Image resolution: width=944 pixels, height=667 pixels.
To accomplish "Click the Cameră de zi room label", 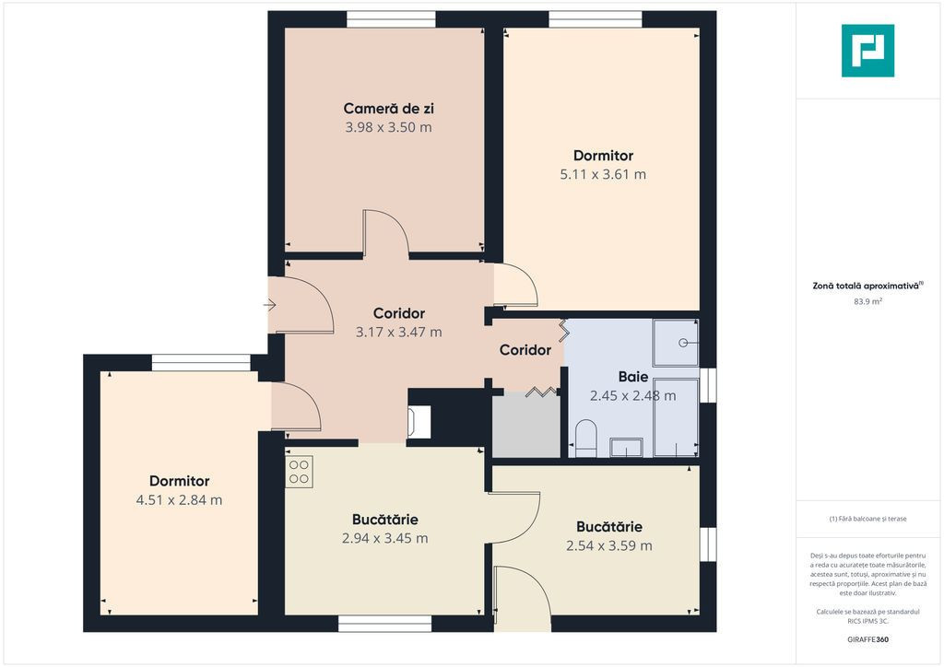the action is pos(388,109).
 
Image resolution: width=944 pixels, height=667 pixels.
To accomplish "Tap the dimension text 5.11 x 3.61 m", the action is pos(603,174).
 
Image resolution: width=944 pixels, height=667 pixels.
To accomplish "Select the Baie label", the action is pos(633,377).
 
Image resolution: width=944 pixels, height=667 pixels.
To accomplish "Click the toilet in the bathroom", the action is pos(585,439).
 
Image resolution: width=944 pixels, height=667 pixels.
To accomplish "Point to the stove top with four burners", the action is pos(299,472).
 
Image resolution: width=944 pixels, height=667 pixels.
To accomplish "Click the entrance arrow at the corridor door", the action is pos(269,306).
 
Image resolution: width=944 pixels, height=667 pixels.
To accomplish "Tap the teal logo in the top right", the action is pos(867,51).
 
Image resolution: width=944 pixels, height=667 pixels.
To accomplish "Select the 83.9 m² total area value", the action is pos(867,301).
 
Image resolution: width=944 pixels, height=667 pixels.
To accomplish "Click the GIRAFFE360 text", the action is pos(867,639).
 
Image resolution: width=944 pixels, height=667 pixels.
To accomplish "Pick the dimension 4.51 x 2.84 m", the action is pos(180,500).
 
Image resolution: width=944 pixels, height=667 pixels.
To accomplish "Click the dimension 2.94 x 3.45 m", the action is pos(385,538).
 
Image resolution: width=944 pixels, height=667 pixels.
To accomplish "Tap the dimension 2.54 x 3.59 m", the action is pos(608,545).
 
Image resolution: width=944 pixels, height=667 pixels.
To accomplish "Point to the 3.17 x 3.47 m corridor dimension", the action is pos(398,332).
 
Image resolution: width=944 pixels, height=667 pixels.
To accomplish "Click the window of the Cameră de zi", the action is pos(391,19).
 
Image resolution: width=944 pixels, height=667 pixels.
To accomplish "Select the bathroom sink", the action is pos(626,448).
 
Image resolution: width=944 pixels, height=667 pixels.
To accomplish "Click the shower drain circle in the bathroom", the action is pos(683,343).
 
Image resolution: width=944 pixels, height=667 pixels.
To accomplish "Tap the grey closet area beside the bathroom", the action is pos(526,426).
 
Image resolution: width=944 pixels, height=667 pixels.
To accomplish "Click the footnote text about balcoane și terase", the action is pos(867,519).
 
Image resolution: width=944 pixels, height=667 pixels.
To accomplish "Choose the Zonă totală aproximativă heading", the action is pos(867,286).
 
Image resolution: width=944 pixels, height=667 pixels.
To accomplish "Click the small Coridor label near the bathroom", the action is pos(525,349).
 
